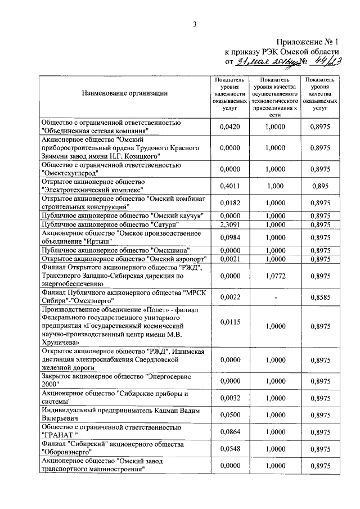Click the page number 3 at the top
195,24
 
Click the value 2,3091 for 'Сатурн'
230,225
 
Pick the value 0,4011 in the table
230,186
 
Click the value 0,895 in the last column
320,186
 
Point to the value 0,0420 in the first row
230,127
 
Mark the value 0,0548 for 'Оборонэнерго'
230,449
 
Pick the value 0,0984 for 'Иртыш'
230,237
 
